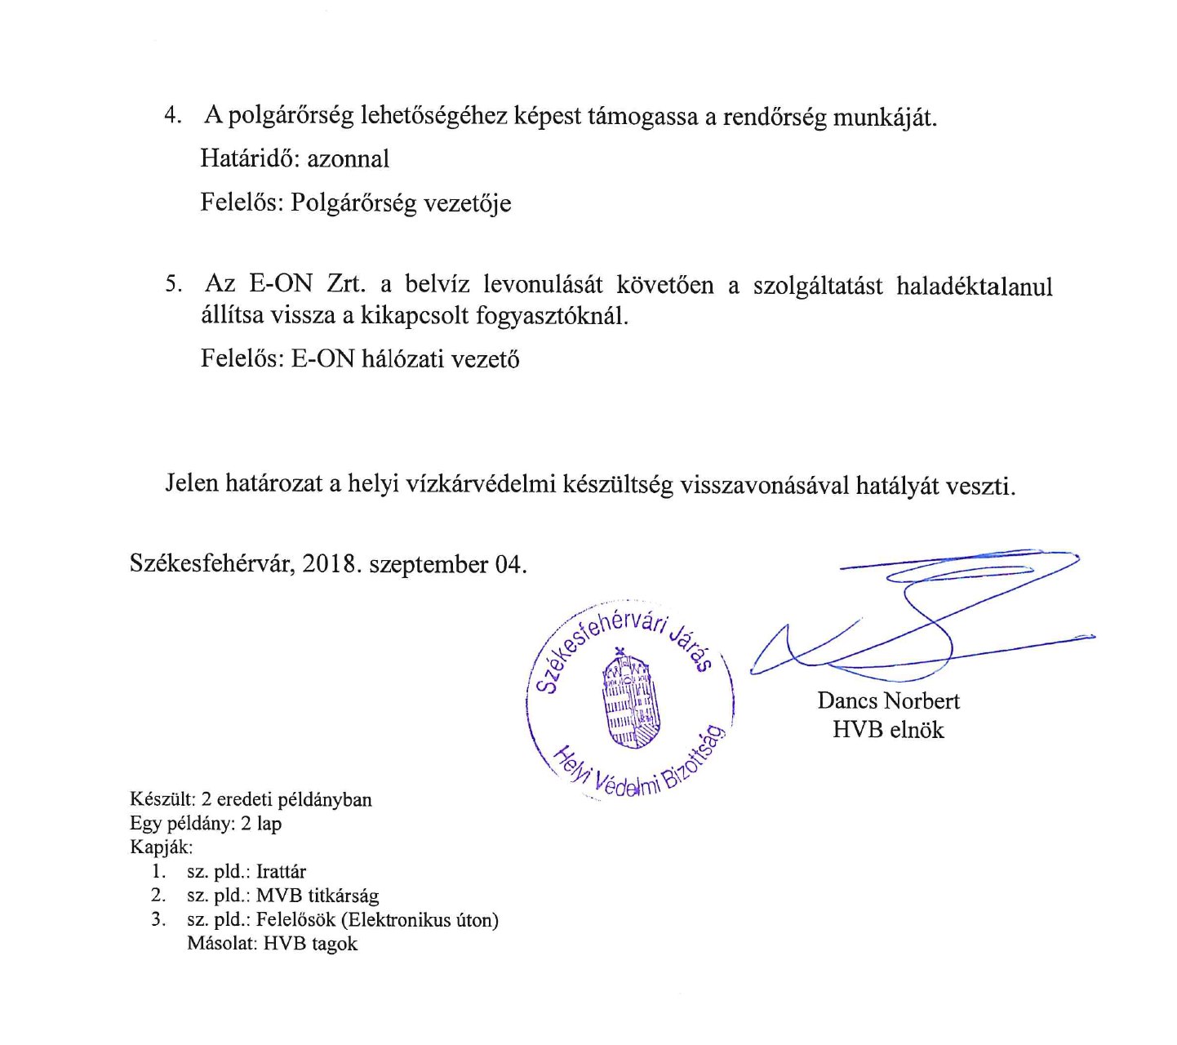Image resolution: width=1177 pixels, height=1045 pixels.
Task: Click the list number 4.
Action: coord(171,115)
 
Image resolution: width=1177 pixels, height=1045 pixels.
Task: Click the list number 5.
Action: coord(172,284)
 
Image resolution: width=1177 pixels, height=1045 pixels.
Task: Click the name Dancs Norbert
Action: coord(888,700)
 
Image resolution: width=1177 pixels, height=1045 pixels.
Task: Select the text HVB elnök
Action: coord(887,729)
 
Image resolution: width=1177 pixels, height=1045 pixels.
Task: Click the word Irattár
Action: coord(281,871)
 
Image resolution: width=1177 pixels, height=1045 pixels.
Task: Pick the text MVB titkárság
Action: coord(317,896)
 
